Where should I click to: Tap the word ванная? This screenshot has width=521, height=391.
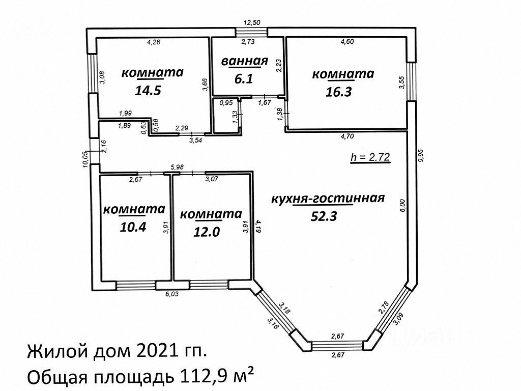click(x=244, y=62)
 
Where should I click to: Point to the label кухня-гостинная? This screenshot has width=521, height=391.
click(x=327, y=199)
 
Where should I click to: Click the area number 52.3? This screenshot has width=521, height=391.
click(x=324, y=216)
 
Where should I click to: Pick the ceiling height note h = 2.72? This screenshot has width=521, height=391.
click(x=370, y=157)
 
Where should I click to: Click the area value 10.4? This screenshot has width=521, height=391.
click(x=133, y=227)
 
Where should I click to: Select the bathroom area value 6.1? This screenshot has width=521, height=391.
click(x=244, y=79)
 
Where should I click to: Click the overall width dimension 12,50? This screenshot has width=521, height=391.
click(x=252, y=22)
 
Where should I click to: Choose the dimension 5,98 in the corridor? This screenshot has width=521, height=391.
click(x=177, y=166)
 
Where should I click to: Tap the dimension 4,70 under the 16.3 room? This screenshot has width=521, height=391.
click(x=348, y=136)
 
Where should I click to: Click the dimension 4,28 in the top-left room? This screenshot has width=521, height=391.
click(x=154, y=42)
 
